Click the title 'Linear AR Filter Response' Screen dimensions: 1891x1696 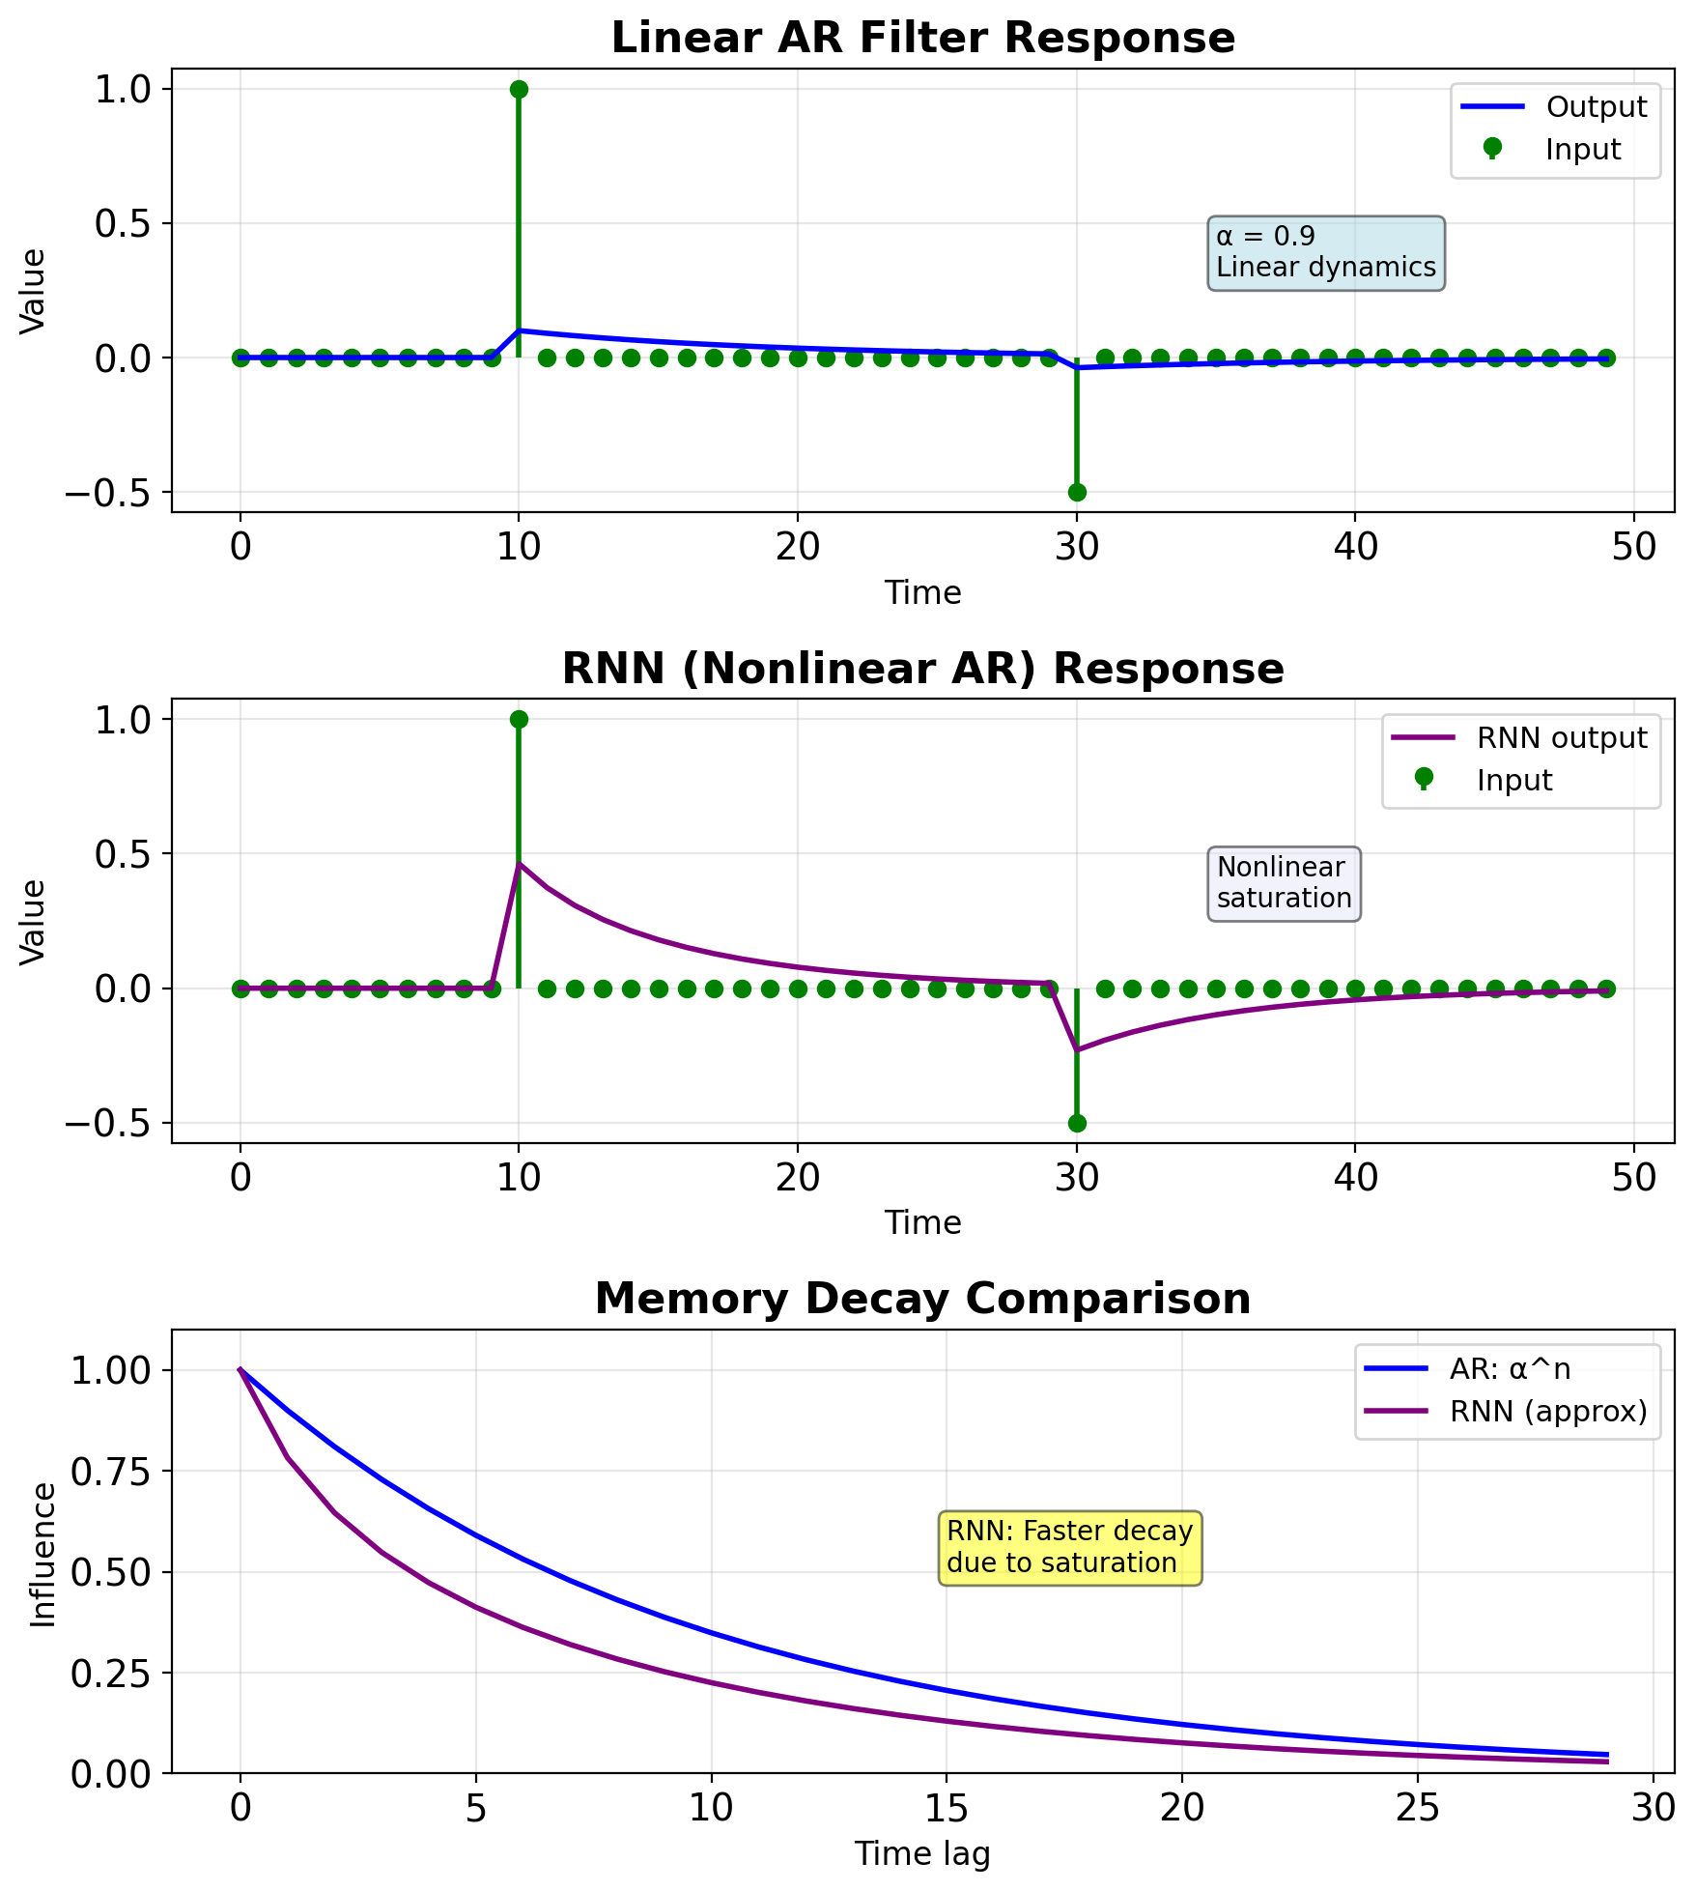tap(922, 39)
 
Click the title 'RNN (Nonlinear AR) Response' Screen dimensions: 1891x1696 tap(922, 669)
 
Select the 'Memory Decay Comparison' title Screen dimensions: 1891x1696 tap(922, 1299)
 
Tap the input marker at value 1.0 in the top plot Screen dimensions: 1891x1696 tap(519, 89)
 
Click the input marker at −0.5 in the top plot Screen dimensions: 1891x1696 tap(1076, 492)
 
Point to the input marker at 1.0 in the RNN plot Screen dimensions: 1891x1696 tap(519, 719)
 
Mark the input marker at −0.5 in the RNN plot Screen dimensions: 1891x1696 tap(1076, 1123)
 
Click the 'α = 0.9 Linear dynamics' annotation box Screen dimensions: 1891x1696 tap(1325, 252)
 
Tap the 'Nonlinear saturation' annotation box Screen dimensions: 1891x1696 tap(1284, 883)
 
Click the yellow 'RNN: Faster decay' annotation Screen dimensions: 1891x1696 tap(1070, 1547)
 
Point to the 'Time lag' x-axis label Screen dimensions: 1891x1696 tap(922, 1853)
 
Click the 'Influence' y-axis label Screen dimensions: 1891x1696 tap(43, 1555)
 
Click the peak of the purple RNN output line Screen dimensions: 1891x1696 tap(520, 865)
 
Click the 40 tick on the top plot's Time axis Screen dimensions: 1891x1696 tap(1355, 547)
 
